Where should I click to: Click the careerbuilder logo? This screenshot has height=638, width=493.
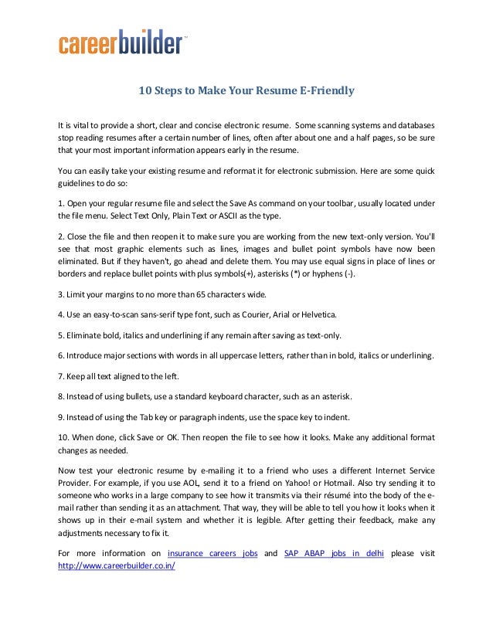tap(122, 43)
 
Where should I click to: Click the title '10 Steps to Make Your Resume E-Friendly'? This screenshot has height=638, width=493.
tap(246, 90)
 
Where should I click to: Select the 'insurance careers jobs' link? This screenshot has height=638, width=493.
tap(212, 554)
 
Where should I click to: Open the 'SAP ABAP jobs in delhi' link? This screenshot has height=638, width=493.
tap(334, 554)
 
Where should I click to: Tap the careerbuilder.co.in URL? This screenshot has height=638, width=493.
tap(117, 566)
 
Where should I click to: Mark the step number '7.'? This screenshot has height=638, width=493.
tap(63, 376)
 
